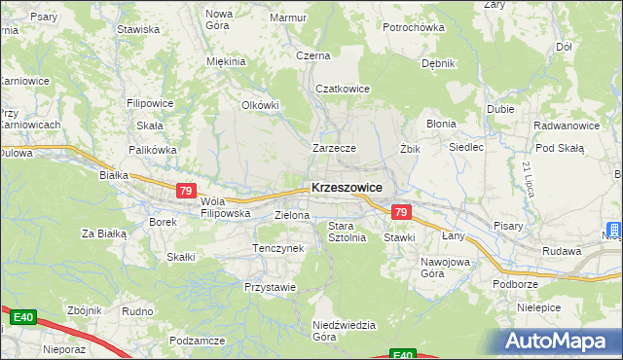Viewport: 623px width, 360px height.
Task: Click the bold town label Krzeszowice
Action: [347, 187]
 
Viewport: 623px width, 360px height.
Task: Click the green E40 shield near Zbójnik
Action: [24, 317]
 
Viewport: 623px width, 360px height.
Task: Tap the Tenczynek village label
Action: [278, 248]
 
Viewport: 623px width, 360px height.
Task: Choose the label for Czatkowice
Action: [342, 89]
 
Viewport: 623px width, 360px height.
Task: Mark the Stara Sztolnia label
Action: [347, 231]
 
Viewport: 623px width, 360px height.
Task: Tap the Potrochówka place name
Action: [413, 27]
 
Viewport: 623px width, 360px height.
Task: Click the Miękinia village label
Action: [226, 61]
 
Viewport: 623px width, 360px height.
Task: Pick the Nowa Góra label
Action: [219, 18]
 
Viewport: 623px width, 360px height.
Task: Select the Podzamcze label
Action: [198, 341]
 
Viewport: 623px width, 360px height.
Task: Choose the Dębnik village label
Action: [438, 63]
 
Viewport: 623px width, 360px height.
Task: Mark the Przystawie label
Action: [270, 287]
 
